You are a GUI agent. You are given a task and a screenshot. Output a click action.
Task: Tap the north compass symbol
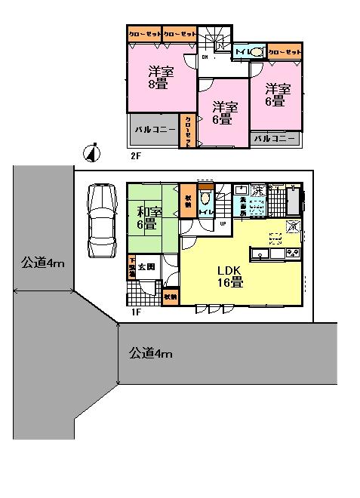tap(91, 152)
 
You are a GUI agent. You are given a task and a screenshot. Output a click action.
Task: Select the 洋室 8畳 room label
tap(158, 78)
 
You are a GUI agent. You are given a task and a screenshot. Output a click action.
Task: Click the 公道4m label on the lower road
tap(149, 352)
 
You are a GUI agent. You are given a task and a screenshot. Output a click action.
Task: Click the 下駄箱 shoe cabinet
tap(131, 267)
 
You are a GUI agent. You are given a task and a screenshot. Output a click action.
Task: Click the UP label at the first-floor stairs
tap(223, 224)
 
